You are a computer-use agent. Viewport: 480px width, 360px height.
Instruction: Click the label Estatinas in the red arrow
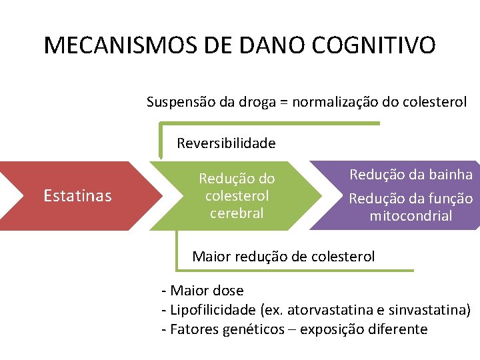pos(77,195)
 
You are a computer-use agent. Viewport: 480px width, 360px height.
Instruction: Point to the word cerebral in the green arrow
pos(237,213)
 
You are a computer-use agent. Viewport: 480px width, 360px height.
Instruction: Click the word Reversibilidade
pos(226,143)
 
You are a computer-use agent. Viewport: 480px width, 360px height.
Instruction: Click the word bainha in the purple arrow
pos(451,175)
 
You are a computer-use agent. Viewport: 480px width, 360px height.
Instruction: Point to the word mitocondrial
pos(411,216)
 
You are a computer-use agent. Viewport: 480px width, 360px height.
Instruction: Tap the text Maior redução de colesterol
pos(283,256)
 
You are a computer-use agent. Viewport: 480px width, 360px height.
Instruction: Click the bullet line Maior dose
pos(203,291)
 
